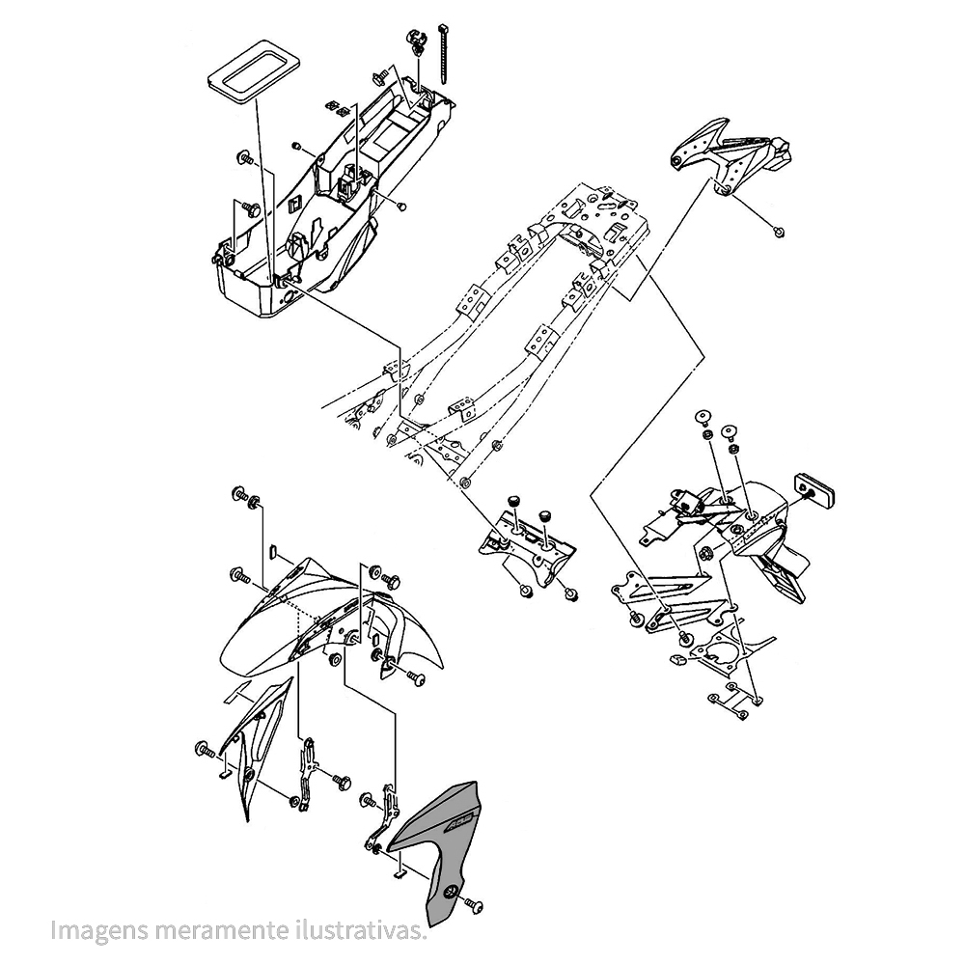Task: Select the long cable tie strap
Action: tap(448, 48)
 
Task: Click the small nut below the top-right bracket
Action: tap(779, 230)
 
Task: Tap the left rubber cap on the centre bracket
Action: tap(515, 500)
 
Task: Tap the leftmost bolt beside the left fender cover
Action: tap(204, 749)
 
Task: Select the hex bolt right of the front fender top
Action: tap(391, 581)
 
